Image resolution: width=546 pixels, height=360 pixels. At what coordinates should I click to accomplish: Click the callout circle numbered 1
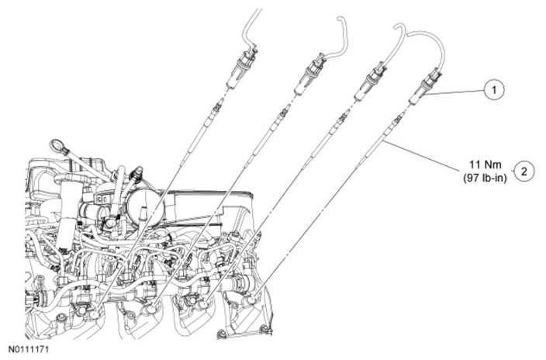tap(494, 90)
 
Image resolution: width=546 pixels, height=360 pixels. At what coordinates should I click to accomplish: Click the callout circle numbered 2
tap(524, 171)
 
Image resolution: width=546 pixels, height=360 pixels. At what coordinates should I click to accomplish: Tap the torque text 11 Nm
tap(485, 164)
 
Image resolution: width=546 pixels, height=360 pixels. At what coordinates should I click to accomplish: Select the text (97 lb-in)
tap(485, 178)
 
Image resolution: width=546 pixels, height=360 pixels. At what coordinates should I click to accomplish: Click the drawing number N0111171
tap(29, 350)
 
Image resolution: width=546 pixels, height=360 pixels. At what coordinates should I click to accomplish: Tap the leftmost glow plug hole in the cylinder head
tap(95, 315)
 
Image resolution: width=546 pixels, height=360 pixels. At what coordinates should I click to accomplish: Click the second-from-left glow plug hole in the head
tap(152, 309)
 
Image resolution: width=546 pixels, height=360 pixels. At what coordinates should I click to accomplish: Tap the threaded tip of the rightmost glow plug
tap(398, 120)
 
